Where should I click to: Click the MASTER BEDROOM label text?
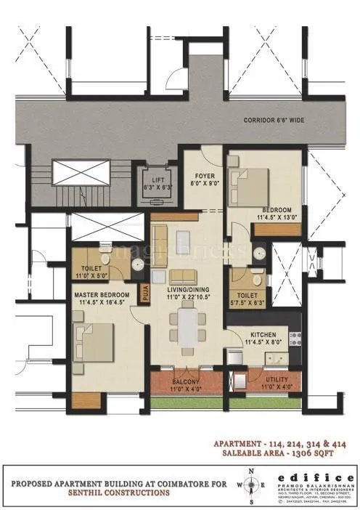tap(102, 298)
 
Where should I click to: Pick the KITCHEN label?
tap(263, 336)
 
